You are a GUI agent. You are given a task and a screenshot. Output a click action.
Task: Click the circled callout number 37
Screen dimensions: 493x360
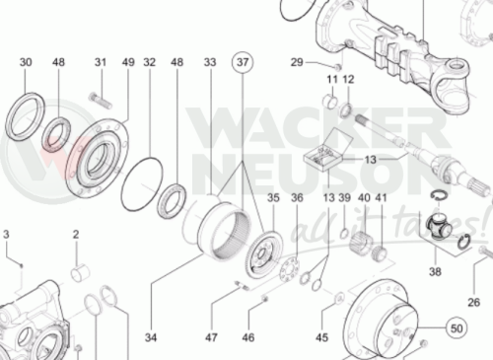pos(243,62)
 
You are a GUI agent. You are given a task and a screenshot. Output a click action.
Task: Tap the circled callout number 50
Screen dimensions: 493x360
pos(457,328)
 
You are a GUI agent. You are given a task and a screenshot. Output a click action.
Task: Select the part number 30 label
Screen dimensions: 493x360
pos(26,62)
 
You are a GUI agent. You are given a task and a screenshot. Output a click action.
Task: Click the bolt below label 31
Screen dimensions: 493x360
pos(101,101)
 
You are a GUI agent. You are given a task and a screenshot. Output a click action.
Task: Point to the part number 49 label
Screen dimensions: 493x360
pos(128,62)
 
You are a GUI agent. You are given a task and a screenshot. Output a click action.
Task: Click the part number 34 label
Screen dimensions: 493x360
pos(151,337)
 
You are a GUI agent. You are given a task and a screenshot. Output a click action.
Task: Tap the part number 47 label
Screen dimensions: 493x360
pos(211,337)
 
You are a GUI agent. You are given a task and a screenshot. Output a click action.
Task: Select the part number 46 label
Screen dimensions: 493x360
pos(248,337)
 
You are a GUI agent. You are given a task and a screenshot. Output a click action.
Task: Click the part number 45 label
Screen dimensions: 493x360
pos(322,337)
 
